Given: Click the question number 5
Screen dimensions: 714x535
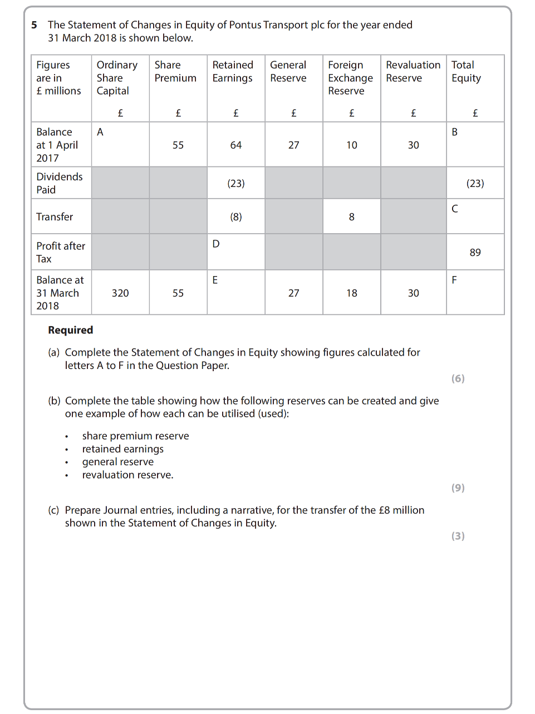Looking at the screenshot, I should pyautogui.click(x=35, y=25).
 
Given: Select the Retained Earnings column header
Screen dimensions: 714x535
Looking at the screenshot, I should pyautogui.click(x=233, y=72).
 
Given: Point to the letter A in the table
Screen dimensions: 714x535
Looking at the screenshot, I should pyautogui.click(x=100, y=132).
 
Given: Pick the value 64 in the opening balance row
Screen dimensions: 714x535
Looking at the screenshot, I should pyautogui.click(x=236, y=145).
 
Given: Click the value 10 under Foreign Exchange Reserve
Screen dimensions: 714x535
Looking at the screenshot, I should pyautogui.click(x=352, y=145).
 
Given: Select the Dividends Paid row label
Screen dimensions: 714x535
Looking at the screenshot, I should pyautogui.click(x=59, y=183).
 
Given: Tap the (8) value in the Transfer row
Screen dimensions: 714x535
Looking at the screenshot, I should pyautogui.click(x=236, y=217).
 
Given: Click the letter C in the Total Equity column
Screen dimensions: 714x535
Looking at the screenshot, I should pyautogui.click(x=455, y=209).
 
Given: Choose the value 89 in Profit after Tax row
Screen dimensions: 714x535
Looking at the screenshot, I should pyautogui.click(x=475, y=253).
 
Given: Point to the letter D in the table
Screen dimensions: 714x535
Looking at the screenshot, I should pyautogui.click(x=216, y=244).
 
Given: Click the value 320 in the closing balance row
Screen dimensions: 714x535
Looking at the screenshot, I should pyautogui.click(x=120, y=293).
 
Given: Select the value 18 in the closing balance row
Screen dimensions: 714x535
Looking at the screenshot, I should pyautogui.click(x=352, y=293).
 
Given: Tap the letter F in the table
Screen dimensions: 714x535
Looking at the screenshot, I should pyautogui.click(x=454, y=280).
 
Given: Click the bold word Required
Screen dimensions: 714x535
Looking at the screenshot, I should pyautogui.click(x=71, y=330).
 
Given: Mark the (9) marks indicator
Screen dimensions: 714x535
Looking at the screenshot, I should pyautogui.click(x=458, y=488).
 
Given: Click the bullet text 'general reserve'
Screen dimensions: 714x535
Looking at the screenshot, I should pyautogui.click(x=118, y=462).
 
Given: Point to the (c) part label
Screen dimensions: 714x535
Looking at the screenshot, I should pyautogui.click(x=53, y=510).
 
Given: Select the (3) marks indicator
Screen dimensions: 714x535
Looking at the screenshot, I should pyautogui.click(x=458, y=536).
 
